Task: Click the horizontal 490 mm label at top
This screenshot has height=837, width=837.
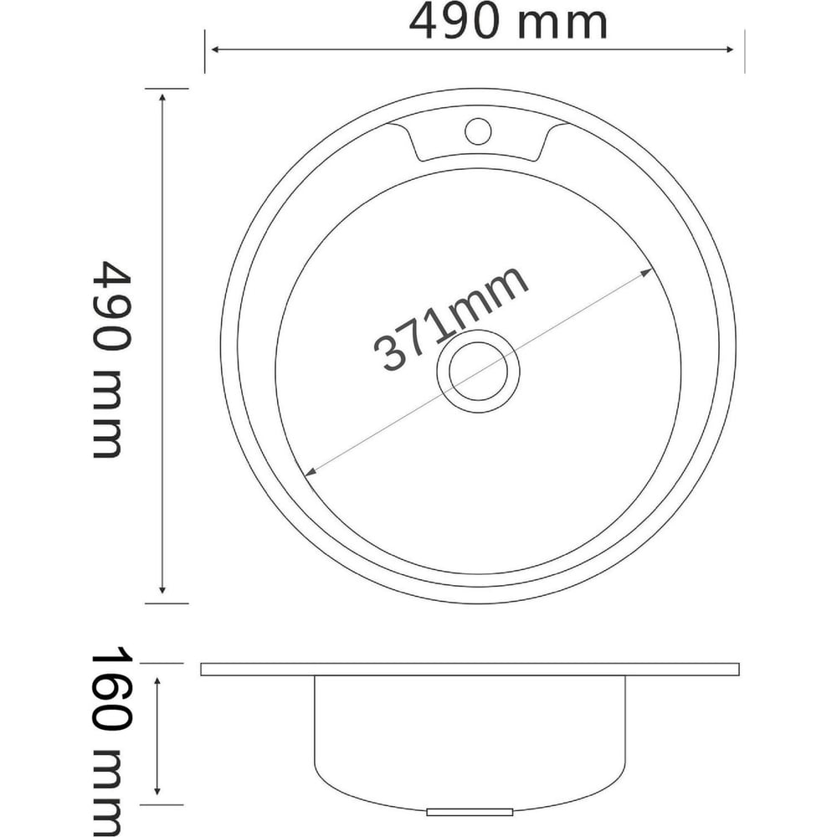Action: click(508, 23)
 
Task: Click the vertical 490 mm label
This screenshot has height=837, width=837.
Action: click(111, 359)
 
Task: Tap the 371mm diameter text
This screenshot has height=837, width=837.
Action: click(451, 319)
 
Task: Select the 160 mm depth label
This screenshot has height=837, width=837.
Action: click(110, 741)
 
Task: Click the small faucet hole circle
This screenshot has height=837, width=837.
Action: click(478, 131)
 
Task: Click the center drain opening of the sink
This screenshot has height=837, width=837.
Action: click(478, 372)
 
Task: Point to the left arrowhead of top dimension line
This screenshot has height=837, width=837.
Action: click(216, 49)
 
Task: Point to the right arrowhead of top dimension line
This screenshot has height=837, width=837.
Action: click(729, 49)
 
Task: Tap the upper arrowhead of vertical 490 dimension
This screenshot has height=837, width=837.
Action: click(162, 98)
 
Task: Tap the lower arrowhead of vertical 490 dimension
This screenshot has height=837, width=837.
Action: click(162, 588)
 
